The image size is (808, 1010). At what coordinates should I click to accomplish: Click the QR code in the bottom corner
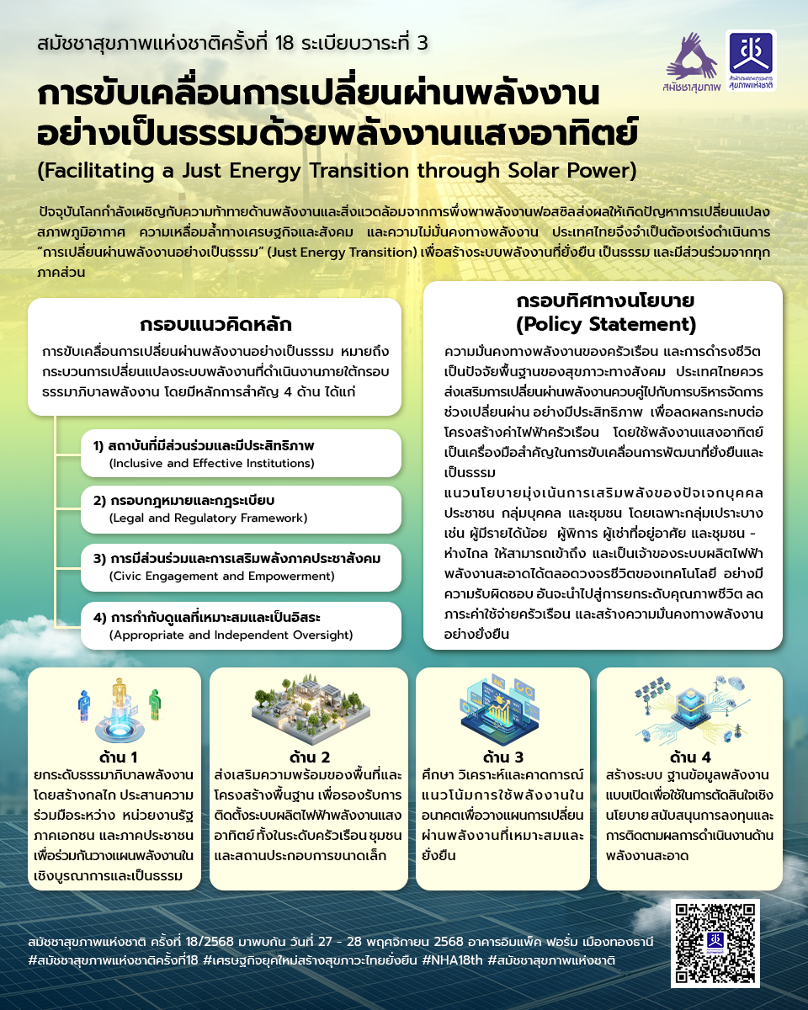715,943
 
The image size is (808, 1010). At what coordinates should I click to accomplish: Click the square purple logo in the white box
751,60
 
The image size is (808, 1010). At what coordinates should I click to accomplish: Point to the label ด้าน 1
118,757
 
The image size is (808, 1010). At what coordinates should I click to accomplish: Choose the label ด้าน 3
503,757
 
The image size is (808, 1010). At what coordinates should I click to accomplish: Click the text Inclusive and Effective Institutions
211,463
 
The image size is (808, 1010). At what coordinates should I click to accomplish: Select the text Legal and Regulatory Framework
208,518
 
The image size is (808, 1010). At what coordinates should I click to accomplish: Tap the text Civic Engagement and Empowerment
221,576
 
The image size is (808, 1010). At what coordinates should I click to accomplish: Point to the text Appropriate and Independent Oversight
231,634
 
